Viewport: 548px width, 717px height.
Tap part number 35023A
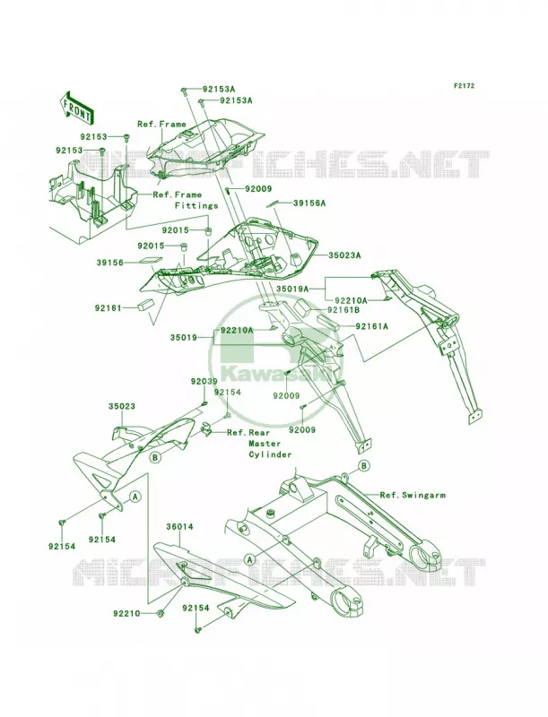(344, 255)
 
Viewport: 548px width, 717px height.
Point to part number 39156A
(309, 203)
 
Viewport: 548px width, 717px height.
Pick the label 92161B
(343, 310)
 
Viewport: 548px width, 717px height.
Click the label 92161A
(371, 326)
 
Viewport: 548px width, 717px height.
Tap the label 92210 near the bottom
(127, 614)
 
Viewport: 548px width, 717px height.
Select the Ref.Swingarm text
(413, 495)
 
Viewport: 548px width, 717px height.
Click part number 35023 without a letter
(122, 406)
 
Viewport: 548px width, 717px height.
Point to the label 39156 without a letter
(109, 263)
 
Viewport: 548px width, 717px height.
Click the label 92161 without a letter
(109, 307)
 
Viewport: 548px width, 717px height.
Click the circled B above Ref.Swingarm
(364, 466)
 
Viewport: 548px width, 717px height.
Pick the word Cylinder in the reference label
(270, 454)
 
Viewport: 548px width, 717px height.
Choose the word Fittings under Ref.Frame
(196, 206)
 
